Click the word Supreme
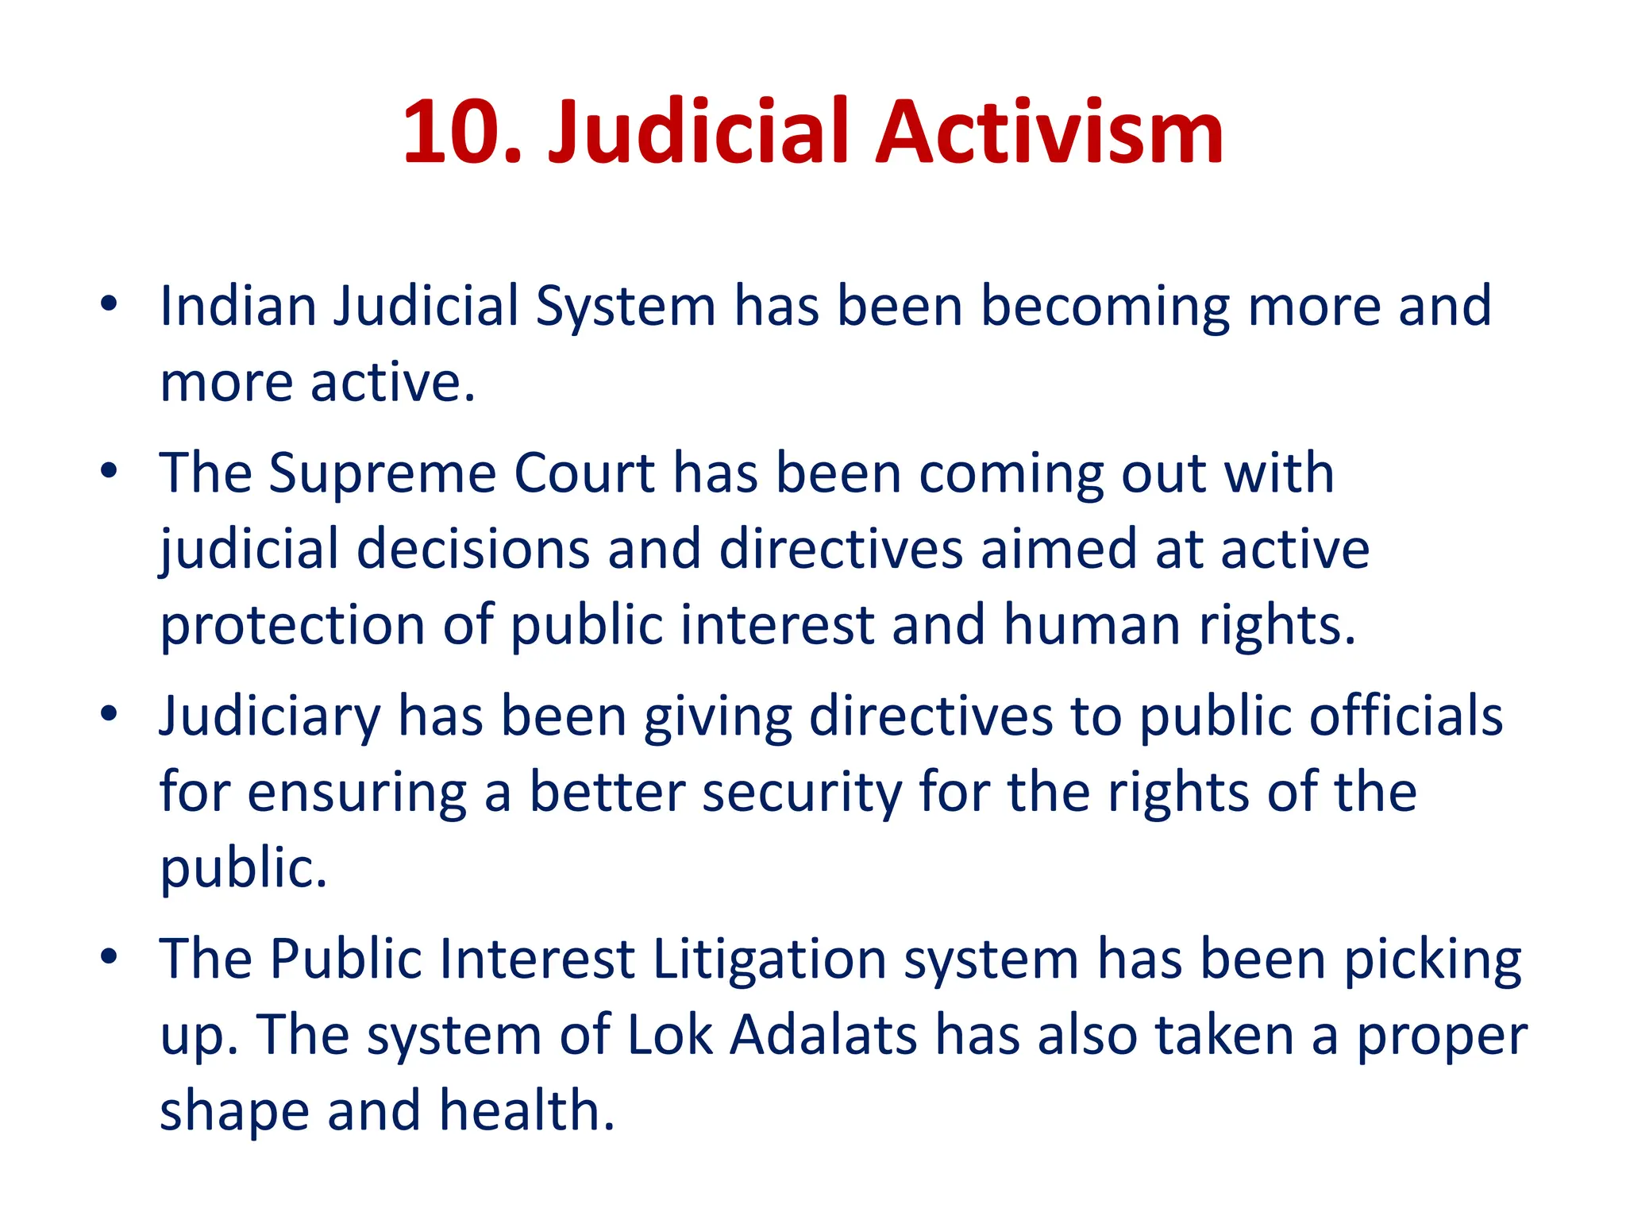(383, 474)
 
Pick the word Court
(584, 474)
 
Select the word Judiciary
(270, 717)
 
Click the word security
(802, 793)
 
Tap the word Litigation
(769, 959)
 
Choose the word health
(527, 1110)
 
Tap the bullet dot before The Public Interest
(109, 956)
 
